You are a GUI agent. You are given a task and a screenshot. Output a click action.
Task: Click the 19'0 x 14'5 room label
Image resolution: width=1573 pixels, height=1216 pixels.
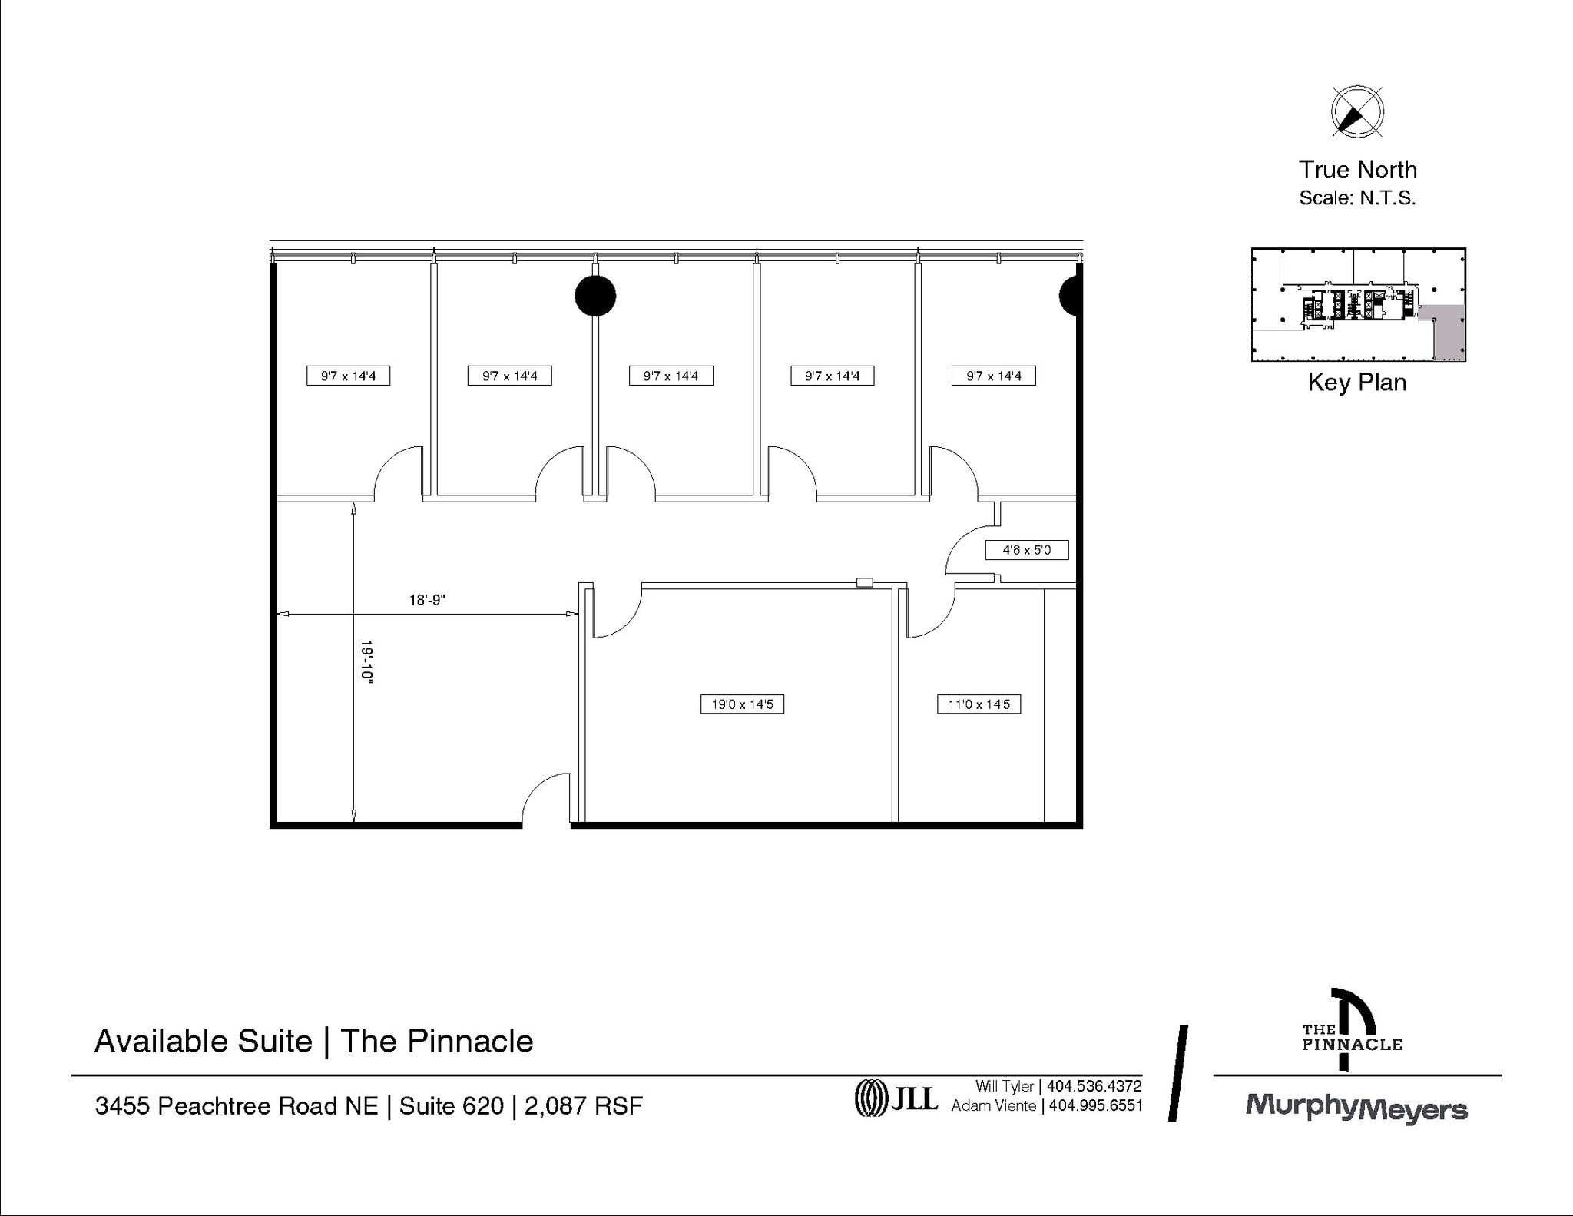click(742, 704)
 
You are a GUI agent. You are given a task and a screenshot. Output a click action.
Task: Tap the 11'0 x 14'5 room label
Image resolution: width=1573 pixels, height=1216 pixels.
click(979, 704)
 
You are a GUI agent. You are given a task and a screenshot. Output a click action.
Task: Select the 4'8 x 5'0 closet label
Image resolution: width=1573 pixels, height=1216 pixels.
click(1026, 550)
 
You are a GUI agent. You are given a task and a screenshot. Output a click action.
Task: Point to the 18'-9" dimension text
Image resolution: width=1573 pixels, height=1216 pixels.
click(427, 600)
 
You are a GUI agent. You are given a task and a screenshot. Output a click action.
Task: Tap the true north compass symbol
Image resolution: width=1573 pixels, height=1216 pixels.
click(1356, 112)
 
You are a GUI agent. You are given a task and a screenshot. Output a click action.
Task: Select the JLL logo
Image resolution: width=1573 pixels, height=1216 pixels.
click(896, 1098)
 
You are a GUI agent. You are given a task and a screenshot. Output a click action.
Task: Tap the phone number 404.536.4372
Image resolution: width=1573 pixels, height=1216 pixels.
click(1094, 1086)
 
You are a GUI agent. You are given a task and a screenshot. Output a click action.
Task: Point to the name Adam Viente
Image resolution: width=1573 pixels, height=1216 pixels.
click(993, 1105)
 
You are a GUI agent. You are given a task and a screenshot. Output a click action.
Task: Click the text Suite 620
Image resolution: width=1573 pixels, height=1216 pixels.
click(451, 1106)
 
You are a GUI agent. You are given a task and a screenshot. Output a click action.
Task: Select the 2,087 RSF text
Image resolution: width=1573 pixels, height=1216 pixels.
click(583, 1106)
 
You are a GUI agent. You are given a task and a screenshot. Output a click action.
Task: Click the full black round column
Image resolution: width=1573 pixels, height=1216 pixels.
click(595, 296)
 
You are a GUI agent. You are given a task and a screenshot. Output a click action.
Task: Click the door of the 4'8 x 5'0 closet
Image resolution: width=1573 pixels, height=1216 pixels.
click(969, 550)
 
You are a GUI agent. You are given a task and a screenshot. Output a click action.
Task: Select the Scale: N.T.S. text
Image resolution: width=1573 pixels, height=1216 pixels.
click(1356, 198)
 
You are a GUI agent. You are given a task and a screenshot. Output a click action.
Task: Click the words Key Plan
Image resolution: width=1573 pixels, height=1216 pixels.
click(1356, 383)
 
